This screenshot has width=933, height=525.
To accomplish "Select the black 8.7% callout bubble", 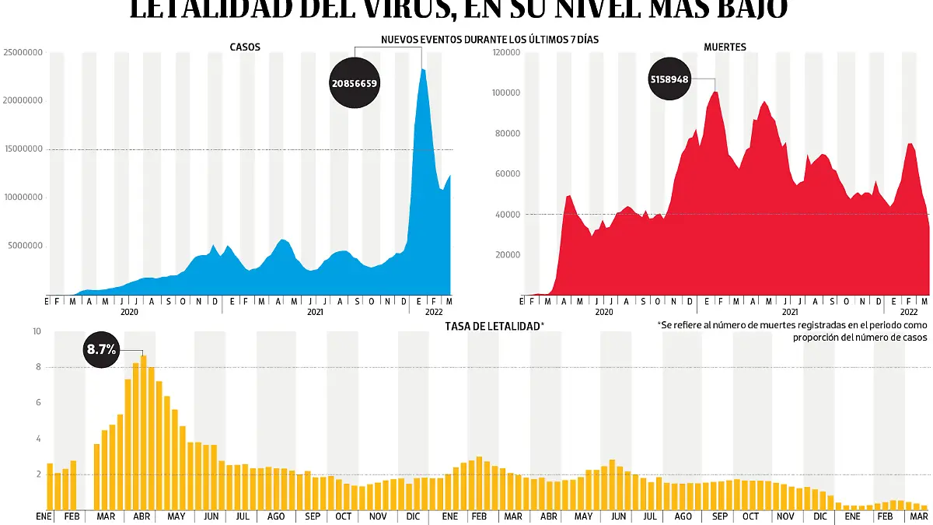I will point(101,350).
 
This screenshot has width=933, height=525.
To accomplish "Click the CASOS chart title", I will point(245,47).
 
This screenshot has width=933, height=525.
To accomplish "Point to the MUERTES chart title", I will point(725,47).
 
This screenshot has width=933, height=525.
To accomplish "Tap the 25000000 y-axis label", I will point(23,53).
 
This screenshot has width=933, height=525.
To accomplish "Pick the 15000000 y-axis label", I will point(23,149).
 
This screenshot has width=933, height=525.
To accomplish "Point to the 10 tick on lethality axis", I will point(37,332).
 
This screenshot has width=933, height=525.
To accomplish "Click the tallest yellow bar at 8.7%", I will point(143,432).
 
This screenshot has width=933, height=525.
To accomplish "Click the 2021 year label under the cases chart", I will point(315,312).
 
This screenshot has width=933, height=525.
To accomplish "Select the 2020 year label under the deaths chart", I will point(604,312).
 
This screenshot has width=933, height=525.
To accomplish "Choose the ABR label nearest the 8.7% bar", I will point(142,516).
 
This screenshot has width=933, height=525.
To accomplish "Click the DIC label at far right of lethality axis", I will point(820,516).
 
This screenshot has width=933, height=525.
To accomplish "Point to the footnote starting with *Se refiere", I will point(792,331).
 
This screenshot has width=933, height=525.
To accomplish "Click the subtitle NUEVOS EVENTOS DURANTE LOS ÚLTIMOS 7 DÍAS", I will point(490,39).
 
